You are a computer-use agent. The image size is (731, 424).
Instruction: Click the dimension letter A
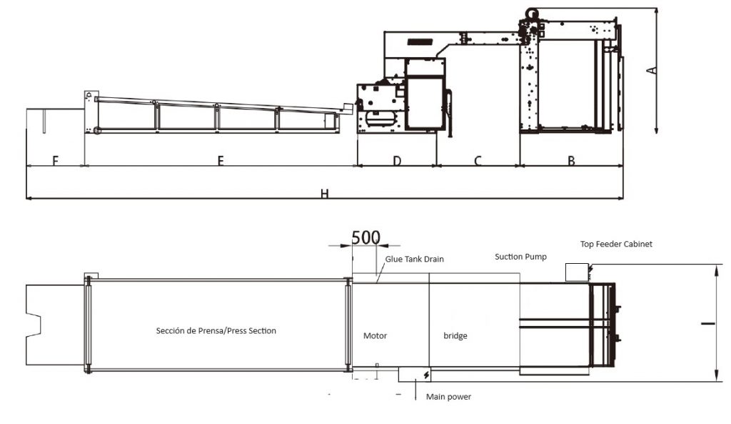pyautogui.click(x=651, y=71)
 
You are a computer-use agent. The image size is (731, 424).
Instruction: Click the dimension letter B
pyautogui.click(x=571, y=161)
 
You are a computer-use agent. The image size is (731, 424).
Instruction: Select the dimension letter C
pyautogui.click(x=478, y=161)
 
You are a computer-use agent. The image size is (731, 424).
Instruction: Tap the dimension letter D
pyautogui.click(x=397, y=161)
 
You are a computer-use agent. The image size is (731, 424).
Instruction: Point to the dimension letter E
pyautogui.click(x=221, y=161)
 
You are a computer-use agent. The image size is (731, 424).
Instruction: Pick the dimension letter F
pyautogui.click(x=55, y=161)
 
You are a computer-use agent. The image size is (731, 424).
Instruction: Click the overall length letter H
pyautogui.click(x=325, y=194)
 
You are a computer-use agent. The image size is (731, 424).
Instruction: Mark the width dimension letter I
pyautogui.click(x=708, y=322)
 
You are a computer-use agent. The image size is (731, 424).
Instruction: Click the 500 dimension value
pyautogui.click(x=365, y=237)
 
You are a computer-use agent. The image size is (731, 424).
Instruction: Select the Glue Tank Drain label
pyautogui.click(x=414, y=259)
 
